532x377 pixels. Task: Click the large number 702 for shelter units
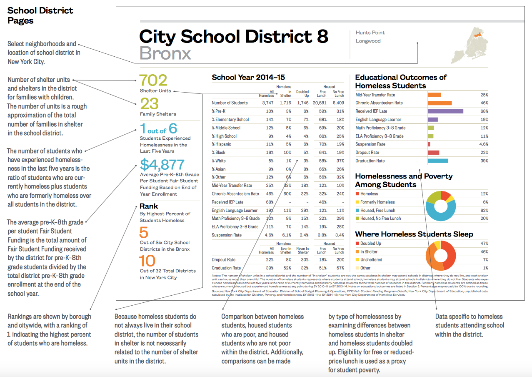point(153,80)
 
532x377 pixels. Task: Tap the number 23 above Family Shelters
point(149,104)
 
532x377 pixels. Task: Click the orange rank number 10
point(147,261)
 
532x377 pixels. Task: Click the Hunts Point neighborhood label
point(370,33)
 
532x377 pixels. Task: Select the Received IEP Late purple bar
point(445,111)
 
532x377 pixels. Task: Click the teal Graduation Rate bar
point(437,161)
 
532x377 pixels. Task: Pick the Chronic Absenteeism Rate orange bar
point(440,103)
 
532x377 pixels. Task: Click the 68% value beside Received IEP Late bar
point(484,111)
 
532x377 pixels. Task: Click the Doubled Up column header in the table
point(302,94)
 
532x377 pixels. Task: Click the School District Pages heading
point(40,15)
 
